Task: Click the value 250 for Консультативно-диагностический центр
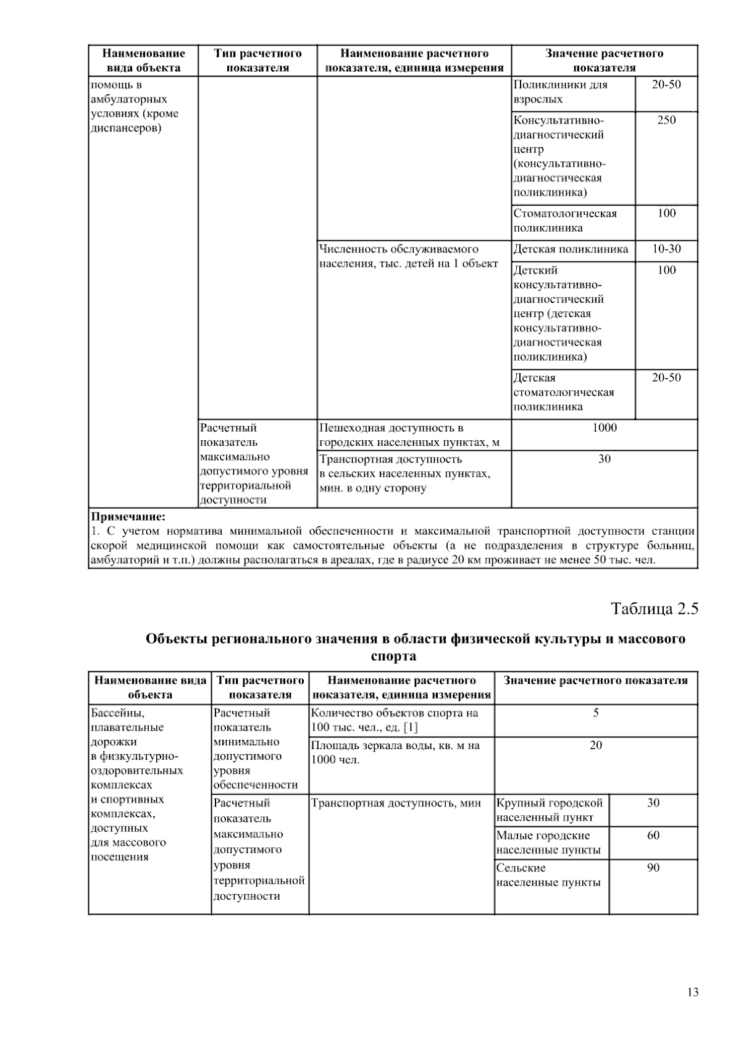(x=666, y=120)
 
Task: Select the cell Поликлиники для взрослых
(x=560, y=92)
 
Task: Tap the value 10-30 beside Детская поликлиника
(x=666, y=249)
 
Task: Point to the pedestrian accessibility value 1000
(x=604, y=428)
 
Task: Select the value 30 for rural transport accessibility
(x=604, y=459)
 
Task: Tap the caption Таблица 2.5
(x=654, y=609)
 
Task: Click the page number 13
(x=692, y=992)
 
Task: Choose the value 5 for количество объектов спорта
(x=595, y=713)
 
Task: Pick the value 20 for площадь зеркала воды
(x=595, y=745)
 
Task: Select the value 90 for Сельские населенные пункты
(x=653, y=868)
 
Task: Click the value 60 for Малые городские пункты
(x=653, y=836)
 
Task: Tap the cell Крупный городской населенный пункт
(x=549, y=810)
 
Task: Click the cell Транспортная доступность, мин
(x=396, y=803)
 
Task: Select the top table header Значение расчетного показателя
(x=604, y=61)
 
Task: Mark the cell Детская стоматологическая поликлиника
(x=564, y=392)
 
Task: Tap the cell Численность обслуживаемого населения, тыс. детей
(x=408, y=256)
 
